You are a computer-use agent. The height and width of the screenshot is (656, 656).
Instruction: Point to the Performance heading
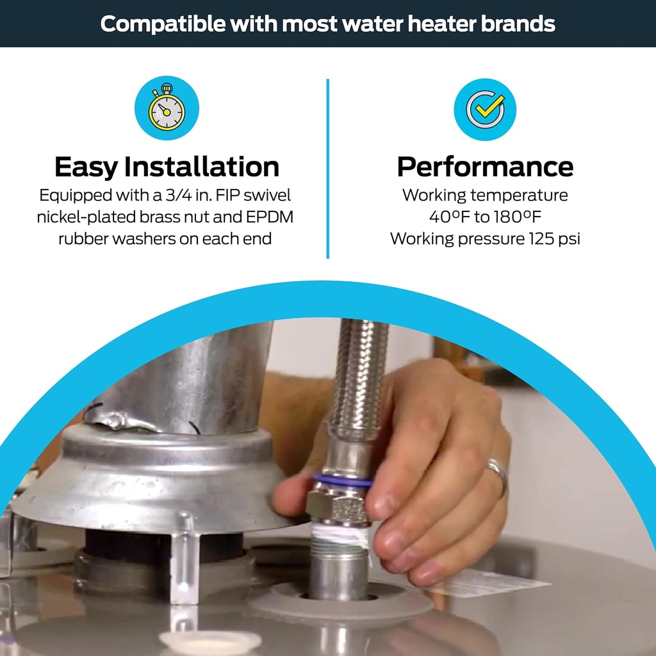pos(485,167)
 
